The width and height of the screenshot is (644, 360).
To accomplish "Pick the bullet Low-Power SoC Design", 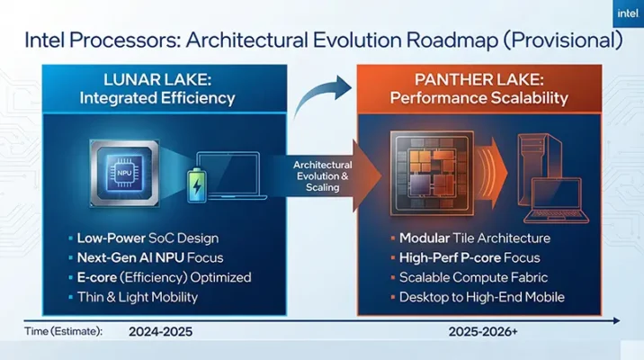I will click(x=141, y=238).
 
